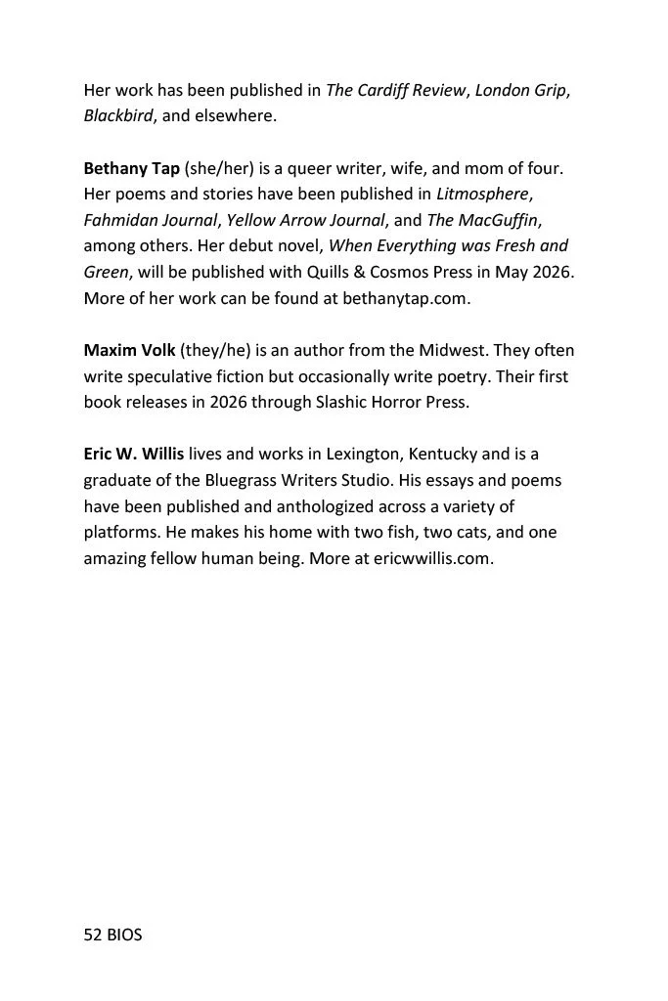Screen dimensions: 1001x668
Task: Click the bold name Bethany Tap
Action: point(132,168)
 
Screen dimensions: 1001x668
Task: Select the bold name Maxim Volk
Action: point(129,350)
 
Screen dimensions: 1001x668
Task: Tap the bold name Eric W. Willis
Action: point(133,455)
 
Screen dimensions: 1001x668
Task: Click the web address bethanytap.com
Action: point(406,299)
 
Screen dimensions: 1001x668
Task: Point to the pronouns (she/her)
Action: point(219,168)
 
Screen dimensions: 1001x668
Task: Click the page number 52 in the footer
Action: point(94,935)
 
